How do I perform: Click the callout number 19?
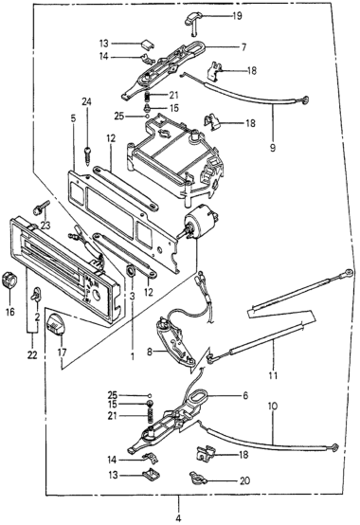237,16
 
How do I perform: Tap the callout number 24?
88,101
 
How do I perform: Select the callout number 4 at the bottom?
178,518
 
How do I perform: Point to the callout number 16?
10,312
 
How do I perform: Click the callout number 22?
32,355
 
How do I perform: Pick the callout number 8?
150,352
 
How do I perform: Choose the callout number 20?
244,480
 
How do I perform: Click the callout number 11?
274,375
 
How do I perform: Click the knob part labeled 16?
9,280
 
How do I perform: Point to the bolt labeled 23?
42,208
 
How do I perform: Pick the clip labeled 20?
197,478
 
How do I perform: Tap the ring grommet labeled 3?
131,270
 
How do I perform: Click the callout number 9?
273,147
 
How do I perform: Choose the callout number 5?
73,118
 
